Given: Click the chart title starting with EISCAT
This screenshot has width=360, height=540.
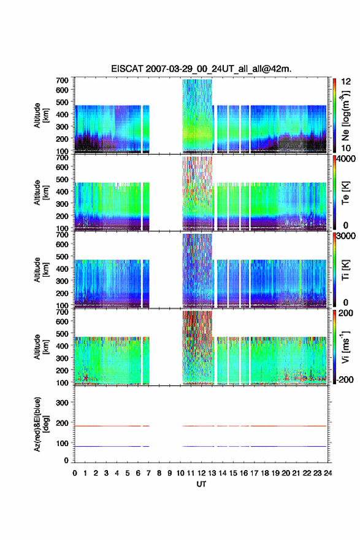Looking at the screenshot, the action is point(201,69).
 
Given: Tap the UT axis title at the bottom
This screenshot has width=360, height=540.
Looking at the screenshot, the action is point(201,484).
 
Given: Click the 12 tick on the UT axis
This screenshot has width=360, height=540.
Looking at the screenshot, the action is point(201,473).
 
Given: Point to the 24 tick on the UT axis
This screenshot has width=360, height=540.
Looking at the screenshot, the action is point(327,473).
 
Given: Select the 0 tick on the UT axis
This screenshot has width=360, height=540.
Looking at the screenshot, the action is point(75,473).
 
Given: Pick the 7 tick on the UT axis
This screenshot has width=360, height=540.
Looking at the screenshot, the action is point(148,473).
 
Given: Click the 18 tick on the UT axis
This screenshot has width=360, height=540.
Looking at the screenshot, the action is point(265,473).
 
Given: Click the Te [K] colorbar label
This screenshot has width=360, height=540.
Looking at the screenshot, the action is point(345,193).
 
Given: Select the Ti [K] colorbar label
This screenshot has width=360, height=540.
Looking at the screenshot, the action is point(345,270).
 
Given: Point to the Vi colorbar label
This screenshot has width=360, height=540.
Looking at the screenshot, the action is point(345,347).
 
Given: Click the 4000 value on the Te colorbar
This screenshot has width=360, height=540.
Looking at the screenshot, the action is point(347,159).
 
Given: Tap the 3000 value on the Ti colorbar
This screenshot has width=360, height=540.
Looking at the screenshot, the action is point(347,236).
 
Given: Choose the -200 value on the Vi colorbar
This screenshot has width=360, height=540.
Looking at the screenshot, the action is point(345,379).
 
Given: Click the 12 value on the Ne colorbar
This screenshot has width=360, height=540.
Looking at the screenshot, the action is point(346,82).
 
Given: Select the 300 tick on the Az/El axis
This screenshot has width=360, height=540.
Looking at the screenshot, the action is point(62,403).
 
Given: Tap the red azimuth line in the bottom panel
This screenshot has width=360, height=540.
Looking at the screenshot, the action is point(201,426).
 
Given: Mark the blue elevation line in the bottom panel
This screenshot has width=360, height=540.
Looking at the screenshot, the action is point(201,446).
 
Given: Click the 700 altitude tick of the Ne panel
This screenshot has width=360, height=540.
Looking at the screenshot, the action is point(62,80).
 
